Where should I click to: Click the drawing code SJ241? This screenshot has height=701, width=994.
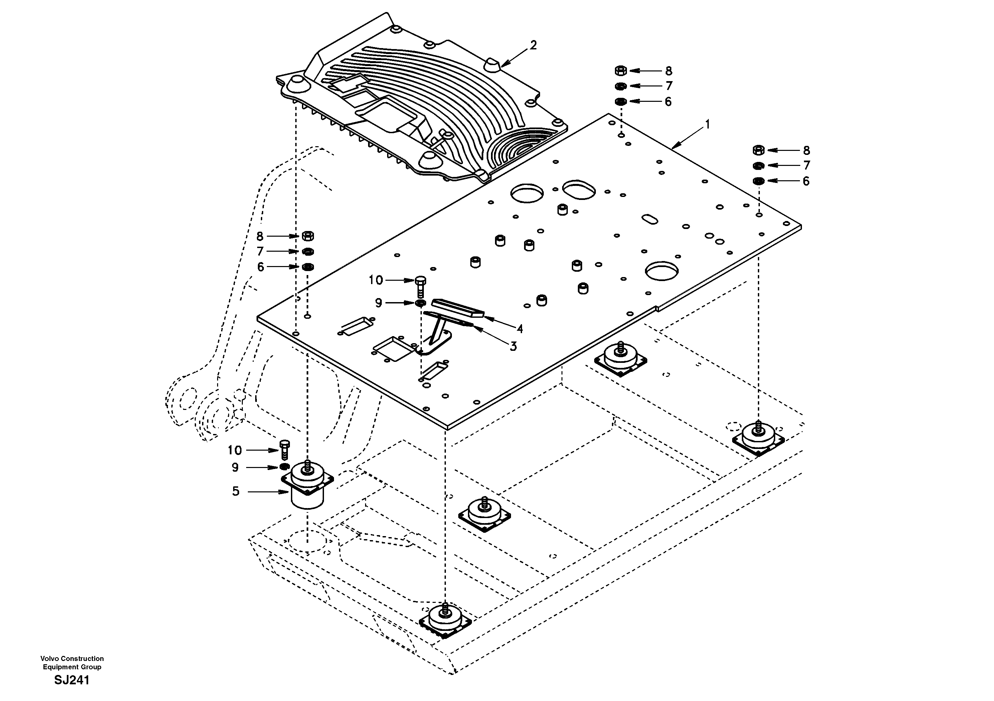(72, 680)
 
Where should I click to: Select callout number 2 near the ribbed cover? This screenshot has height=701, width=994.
(533, 45)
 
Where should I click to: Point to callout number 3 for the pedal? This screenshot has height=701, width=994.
(513, 346)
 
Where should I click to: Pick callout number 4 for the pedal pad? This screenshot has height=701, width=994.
(519, 329)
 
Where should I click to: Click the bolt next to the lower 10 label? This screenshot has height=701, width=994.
(285, 450)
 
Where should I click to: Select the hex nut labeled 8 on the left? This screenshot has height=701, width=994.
(307, 236)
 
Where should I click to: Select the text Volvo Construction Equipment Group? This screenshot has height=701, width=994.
(72, 663)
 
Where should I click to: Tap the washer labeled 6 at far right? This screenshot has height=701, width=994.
(758, 181)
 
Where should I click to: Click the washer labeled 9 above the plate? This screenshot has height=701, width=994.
(420, 303)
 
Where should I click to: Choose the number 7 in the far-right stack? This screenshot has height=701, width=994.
(806, 165)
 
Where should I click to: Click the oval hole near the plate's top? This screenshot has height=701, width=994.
(579, 190)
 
